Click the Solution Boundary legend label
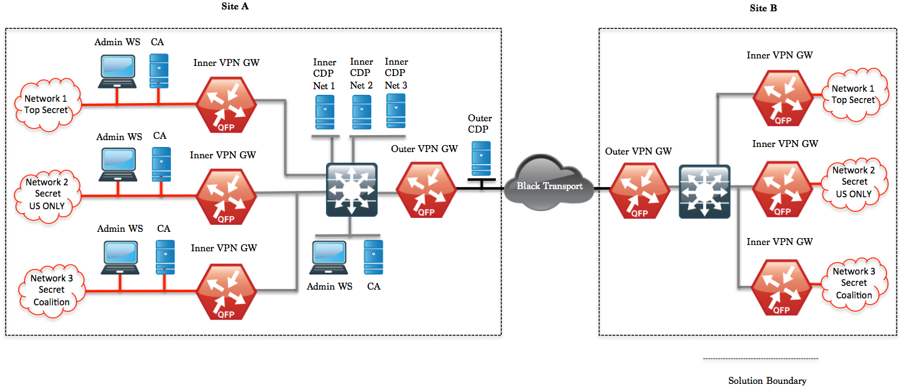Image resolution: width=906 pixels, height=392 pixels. (x=767, y=381)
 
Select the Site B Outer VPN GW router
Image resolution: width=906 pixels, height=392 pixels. (x=639, y=191)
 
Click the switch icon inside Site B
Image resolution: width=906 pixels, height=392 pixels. (x=704, y=192)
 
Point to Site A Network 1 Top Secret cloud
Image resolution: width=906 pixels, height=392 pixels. (x=46, y=104)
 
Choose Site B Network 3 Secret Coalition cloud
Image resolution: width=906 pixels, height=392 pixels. (x=853, y=283)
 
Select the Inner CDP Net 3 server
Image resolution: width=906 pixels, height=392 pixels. (x=395, y=111)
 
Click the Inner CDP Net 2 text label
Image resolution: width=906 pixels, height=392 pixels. (x=361, y=73)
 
